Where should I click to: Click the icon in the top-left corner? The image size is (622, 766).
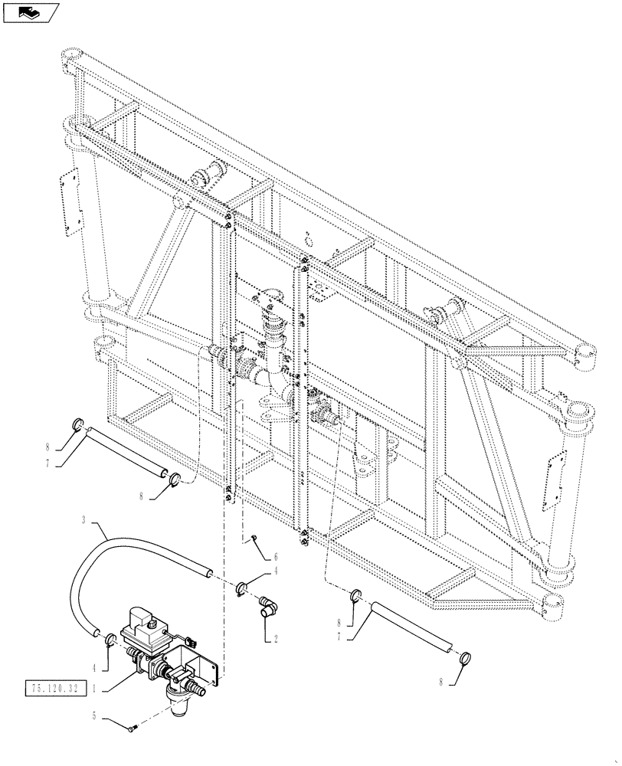point(31,12)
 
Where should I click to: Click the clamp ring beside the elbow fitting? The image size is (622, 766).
point(243,588)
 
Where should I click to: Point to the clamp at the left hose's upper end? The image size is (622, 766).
point(78,424)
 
